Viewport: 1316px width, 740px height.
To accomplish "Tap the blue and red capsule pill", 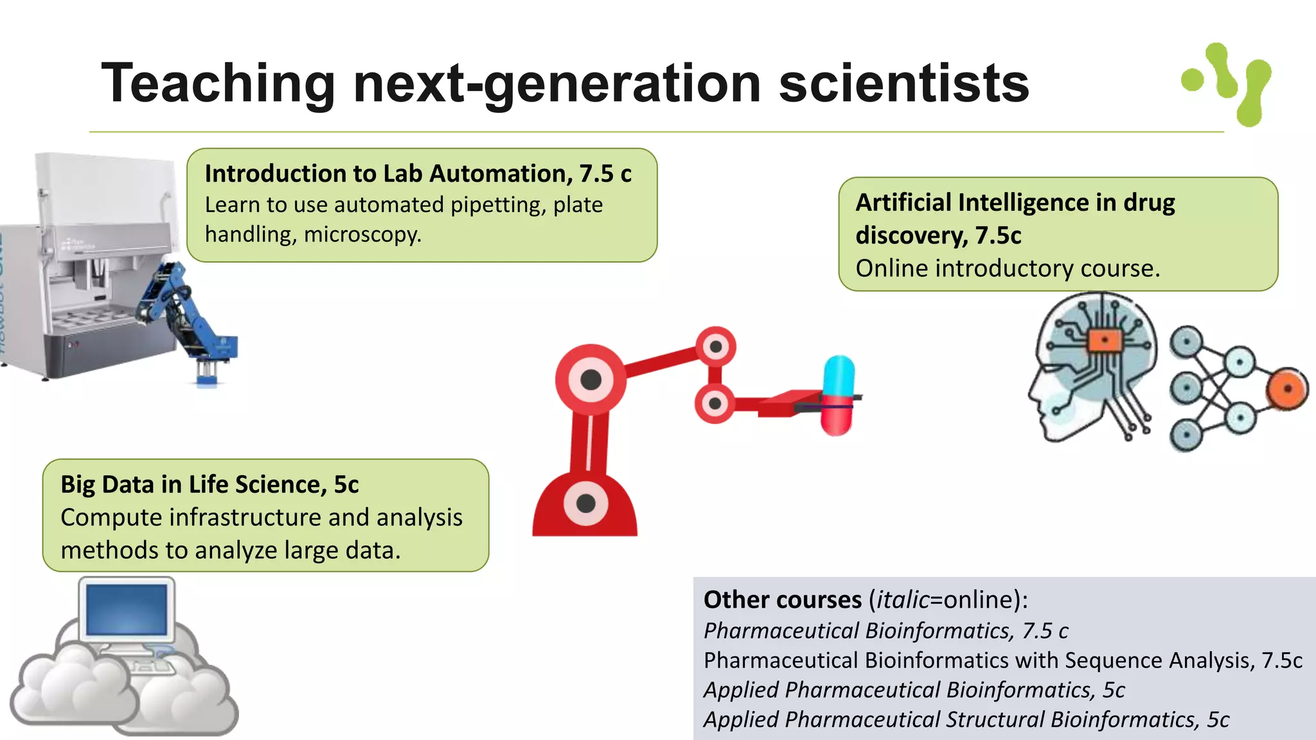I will click(x=839, y=395).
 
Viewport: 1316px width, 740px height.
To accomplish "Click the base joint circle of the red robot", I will click(x=585, y=503).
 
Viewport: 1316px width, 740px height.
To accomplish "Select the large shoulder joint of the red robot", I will click(x=591, y=380).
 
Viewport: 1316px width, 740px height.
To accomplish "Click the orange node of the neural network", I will click(x=1287, y=389).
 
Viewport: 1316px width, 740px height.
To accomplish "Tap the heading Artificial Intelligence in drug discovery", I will click(x=1015, y=218).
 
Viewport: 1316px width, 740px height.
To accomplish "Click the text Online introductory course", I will click(x=1008, y=269).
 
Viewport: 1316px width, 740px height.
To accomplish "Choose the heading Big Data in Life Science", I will click(x=209, y=484).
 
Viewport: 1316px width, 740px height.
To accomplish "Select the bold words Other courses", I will click(x=782, y=599).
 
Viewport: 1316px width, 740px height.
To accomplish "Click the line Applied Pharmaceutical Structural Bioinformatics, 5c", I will click(x=966, y=719).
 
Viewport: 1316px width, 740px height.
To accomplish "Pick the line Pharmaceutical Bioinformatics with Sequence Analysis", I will click(x=1002, y=660).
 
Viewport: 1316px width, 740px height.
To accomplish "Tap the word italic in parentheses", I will click(x=902, y=599).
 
